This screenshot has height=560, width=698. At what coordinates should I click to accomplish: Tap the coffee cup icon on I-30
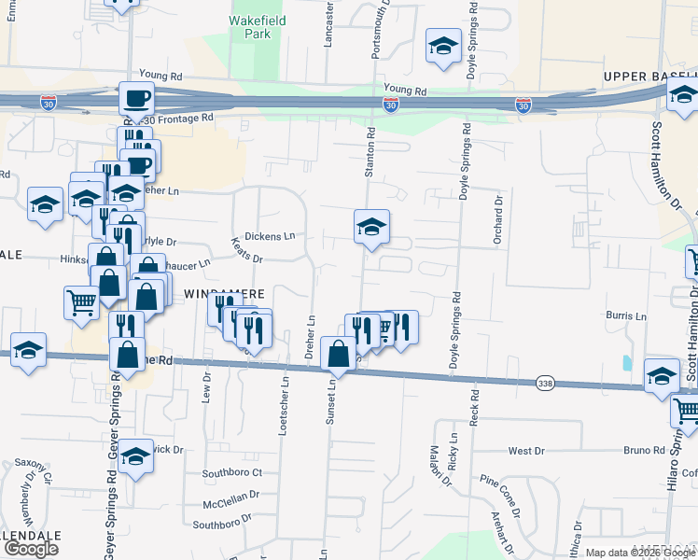tap(136, 98)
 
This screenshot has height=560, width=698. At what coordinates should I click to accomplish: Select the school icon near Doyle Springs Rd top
tap(444, 46)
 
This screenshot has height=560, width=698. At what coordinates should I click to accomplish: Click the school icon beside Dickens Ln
tap(371, 227)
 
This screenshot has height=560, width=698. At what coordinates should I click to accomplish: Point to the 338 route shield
tap(546, 383)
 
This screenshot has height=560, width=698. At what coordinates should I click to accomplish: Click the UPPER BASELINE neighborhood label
tap(649, 76)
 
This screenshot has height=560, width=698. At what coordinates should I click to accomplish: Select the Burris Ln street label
tap(626, 316)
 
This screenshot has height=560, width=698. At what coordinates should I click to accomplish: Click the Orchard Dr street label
tap(499, 220)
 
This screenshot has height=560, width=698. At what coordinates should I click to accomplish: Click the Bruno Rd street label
tap(644, 451)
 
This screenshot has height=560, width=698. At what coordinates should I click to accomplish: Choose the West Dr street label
tap(526, 451)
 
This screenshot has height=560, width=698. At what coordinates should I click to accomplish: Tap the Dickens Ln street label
tap(270, 235)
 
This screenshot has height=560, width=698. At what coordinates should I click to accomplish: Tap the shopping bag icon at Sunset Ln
tap(338, 354)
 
